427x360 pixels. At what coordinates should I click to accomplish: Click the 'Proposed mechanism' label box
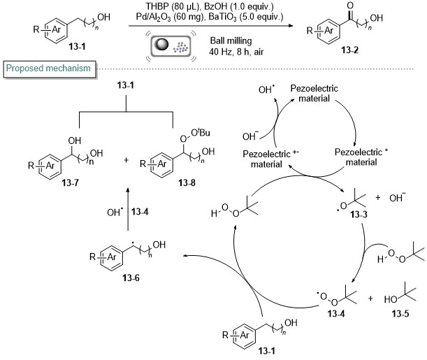(x=50, y=69)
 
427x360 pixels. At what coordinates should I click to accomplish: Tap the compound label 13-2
(x=350, y=50)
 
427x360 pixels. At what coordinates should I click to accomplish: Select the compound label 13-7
(x=71, y=182)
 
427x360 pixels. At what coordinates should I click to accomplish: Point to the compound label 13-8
(x=187, y=182)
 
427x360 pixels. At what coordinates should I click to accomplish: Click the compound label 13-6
(x=131, y=278)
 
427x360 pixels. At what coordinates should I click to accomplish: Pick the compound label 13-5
(x=400, y=314)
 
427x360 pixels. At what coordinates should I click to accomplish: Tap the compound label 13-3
(x=359, y=215)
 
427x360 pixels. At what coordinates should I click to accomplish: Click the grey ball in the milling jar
(x=161, y=43)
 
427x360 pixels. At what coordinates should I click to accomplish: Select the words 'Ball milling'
(x=231, y=41)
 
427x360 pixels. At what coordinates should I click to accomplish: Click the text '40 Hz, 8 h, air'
(x=236, y=52)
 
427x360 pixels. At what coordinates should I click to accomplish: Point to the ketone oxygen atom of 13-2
(x=350, y=6)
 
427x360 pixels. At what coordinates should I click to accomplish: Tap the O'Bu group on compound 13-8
(x=200, y=133)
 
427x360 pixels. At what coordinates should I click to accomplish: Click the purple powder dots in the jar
(x=180, y=48)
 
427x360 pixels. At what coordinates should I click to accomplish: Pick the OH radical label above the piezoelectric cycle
(x=266, y=89)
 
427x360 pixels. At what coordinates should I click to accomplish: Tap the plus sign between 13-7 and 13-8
(x=126, y=160)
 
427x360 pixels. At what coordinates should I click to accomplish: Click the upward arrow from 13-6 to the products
(x=128, y=209)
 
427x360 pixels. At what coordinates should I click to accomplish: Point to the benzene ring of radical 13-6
(x=112, y=258)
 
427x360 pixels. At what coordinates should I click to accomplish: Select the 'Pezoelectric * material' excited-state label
(x=361, y=157)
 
